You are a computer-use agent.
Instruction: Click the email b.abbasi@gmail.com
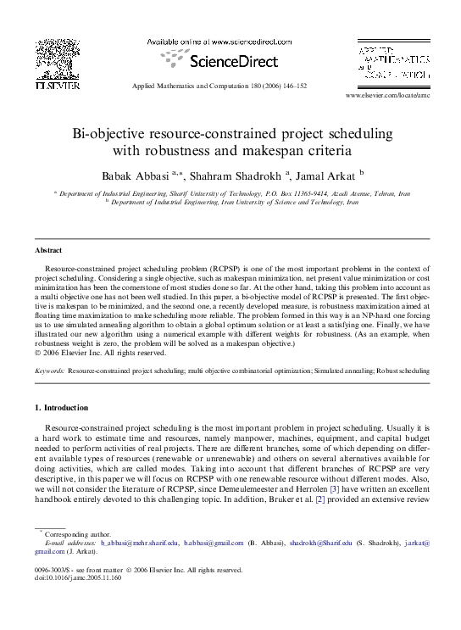(214, 542)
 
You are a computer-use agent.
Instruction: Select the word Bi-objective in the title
(109, 135)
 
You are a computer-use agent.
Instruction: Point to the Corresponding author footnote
(77, 534)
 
